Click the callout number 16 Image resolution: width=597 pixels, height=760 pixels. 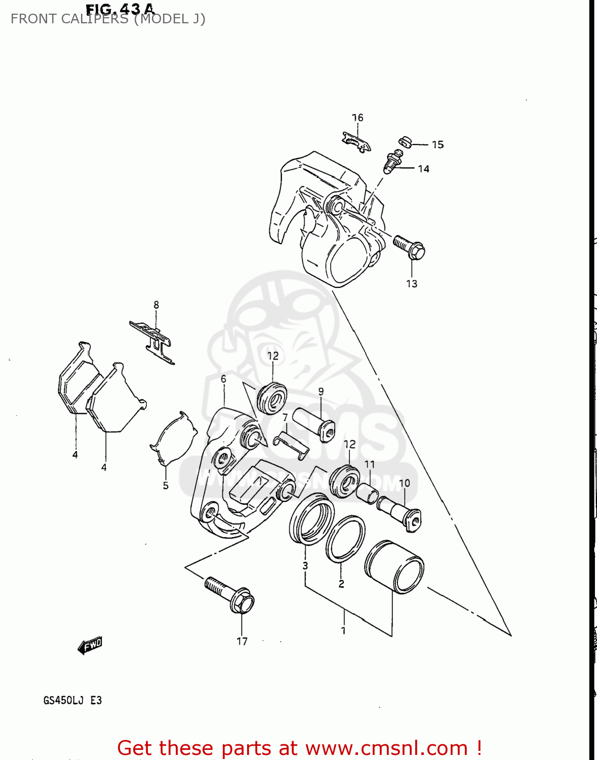pos(357,118)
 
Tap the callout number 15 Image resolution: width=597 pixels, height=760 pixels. pos(437,145)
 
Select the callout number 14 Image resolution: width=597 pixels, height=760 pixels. pos(423,169)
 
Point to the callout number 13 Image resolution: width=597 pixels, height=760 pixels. pos(412,284)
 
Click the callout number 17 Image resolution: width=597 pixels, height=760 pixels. pos(242,641)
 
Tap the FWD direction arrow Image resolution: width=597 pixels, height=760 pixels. pos(90,645)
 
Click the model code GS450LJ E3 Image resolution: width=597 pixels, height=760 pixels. pos(72,700)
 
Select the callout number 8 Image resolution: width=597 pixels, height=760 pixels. pos(156,305)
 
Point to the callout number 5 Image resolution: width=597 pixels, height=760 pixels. pos(166,485)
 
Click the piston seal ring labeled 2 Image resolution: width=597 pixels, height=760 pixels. pos(345,540)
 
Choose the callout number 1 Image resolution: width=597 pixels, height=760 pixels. pos(343,630)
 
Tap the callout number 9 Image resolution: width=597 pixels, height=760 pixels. pos(321,392)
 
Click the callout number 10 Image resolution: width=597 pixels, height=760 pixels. pos(404,483)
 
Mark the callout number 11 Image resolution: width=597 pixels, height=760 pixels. pos(370,464)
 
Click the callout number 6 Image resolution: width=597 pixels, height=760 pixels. pos(223,379)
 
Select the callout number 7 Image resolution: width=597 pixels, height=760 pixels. pos(285,417)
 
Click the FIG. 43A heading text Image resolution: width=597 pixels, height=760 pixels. pos(120,9)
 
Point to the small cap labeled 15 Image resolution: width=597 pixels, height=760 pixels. pos(404,141)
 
